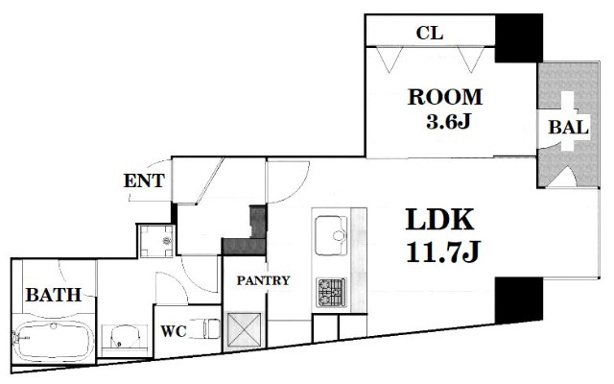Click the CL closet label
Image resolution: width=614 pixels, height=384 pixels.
tap(430, 34)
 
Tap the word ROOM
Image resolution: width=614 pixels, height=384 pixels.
tap(445, 97)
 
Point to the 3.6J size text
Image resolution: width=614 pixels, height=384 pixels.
tap(448, 122)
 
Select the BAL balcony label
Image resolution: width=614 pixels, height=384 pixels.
tap(569, 128)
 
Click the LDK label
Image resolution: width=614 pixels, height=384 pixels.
tap(439, 220)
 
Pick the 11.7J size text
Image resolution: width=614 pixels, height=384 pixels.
tap(443, 252)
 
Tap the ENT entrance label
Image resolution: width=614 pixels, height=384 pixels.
tap(144, 180)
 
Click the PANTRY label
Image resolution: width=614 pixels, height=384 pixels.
tap(263, 280)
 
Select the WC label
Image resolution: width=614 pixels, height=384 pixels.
tap(174, 331)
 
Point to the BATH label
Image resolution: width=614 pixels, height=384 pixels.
tap(54, 295)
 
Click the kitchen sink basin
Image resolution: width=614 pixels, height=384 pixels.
tap(331, 235)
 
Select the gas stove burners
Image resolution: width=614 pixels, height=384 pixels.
tap(331, 292)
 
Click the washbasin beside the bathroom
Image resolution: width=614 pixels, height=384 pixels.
tap(125, 337)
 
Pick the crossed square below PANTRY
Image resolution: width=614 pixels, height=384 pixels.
tap(244, 329)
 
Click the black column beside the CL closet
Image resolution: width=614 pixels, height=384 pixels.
tap(519, 38)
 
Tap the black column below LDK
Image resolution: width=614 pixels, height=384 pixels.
tap(519, 300)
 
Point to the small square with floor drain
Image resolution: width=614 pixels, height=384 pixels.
tap(156, 241)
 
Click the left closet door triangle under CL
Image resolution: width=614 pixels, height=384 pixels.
tap(390, 59)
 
